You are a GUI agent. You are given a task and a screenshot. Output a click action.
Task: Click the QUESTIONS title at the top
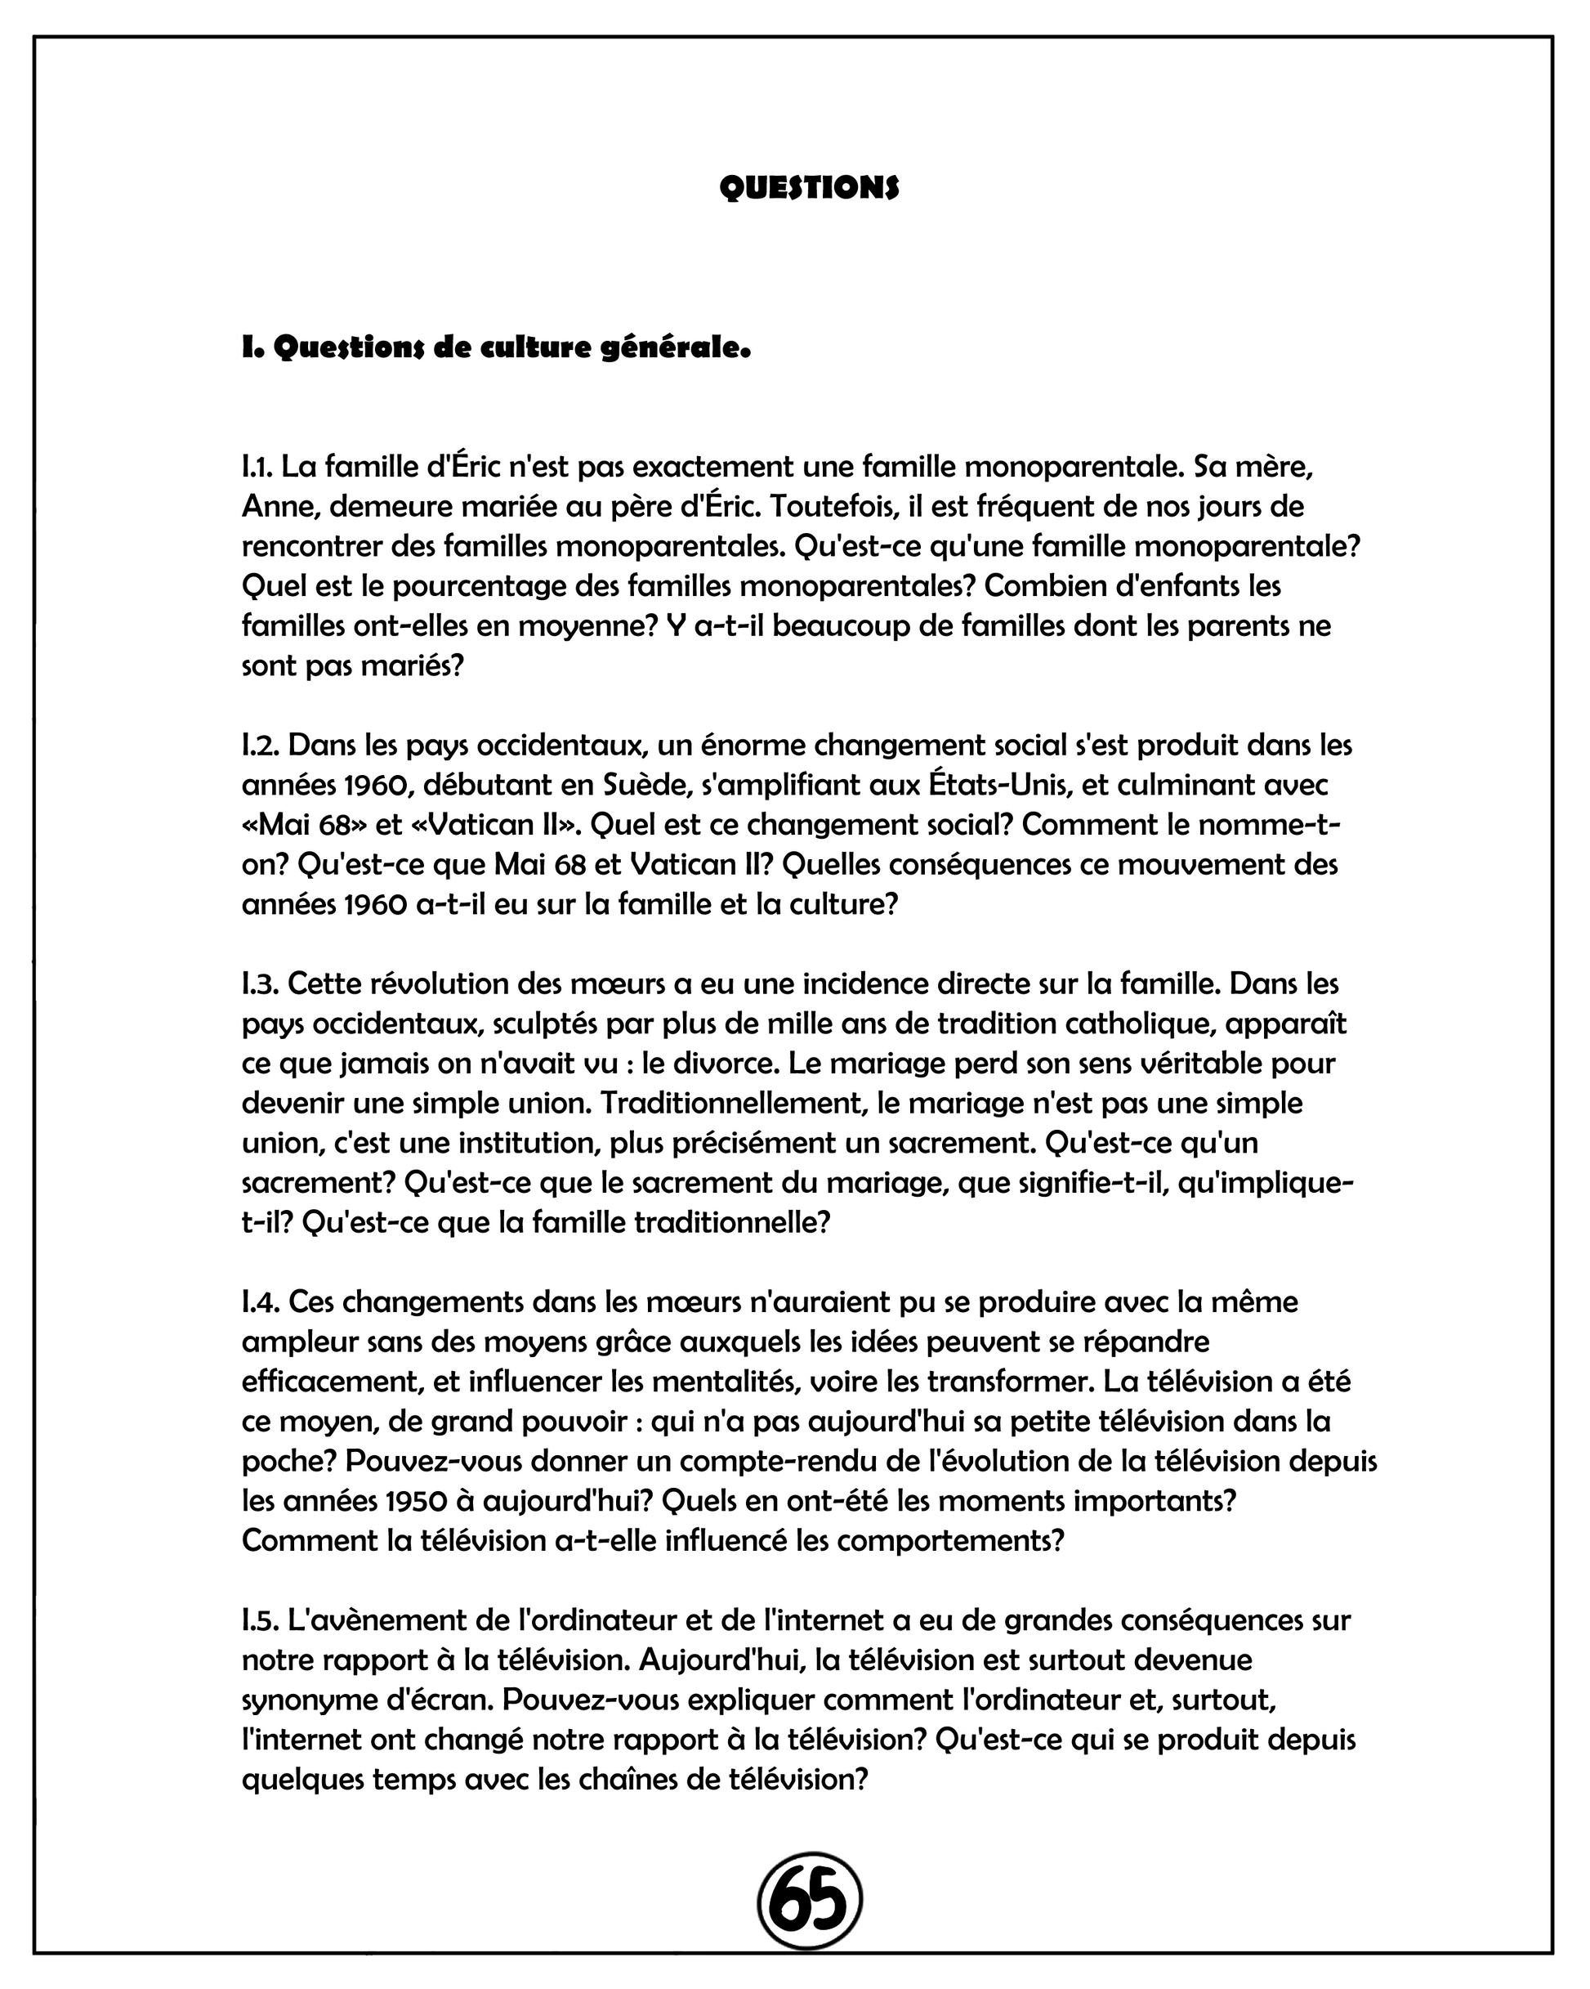click(x=809, y=187)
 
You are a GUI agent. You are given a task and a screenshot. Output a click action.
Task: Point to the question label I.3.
click(x=260, y=984)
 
